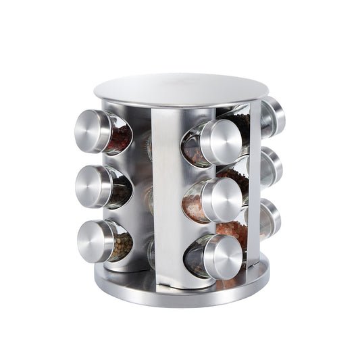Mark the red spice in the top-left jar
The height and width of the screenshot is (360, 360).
pyautogui.click(x=120, y=138)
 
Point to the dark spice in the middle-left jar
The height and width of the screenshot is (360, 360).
pyautogui.click(x=122, y=192)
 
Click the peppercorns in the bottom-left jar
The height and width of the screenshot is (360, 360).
pyautogui.click(x=122, y=247)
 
